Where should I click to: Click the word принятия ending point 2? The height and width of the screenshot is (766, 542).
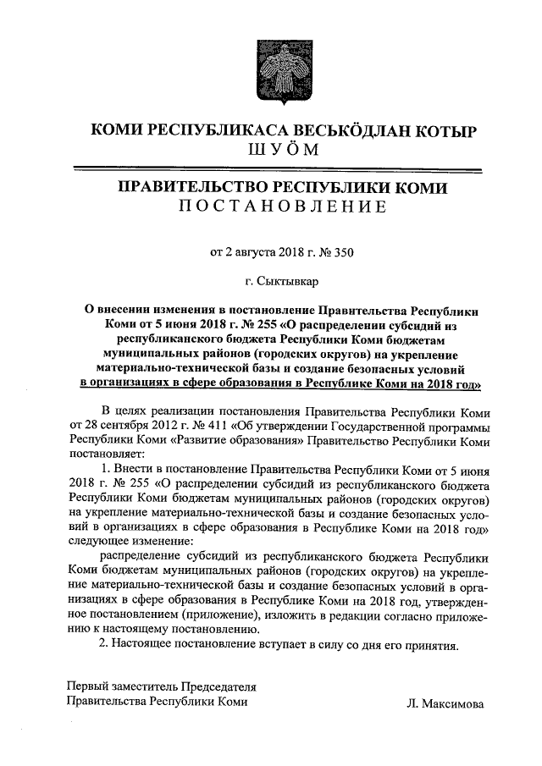coord(431,646)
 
